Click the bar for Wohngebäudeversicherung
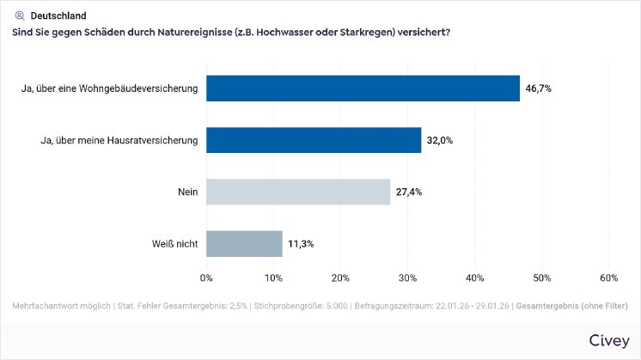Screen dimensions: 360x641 (x=363, y=88)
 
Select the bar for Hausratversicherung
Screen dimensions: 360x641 (x=314, y=140)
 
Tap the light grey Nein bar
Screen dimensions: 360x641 (x=298, y=192)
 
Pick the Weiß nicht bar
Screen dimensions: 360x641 (x=244, y=243)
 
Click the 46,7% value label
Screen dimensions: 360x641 (x=539, y=88)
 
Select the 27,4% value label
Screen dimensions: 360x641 (x=409, y=192)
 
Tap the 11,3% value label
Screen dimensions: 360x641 (x=301, y=243)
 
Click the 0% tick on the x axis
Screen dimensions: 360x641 (x=206, y=278)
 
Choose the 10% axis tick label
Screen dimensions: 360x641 (x=273, y=278)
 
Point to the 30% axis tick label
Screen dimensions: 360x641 (x=407, y=278)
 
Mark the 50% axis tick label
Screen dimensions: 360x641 (x=541, y=278)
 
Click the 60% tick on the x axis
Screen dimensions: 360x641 (x=608, y=278)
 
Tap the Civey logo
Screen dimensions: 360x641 (x=609, y=340)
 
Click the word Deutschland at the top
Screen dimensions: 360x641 (x=58, y=15)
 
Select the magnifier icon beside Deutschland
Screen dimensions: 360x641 (x=20, y=15)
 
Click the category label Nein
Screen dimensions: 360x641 (x=187, y=192)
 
